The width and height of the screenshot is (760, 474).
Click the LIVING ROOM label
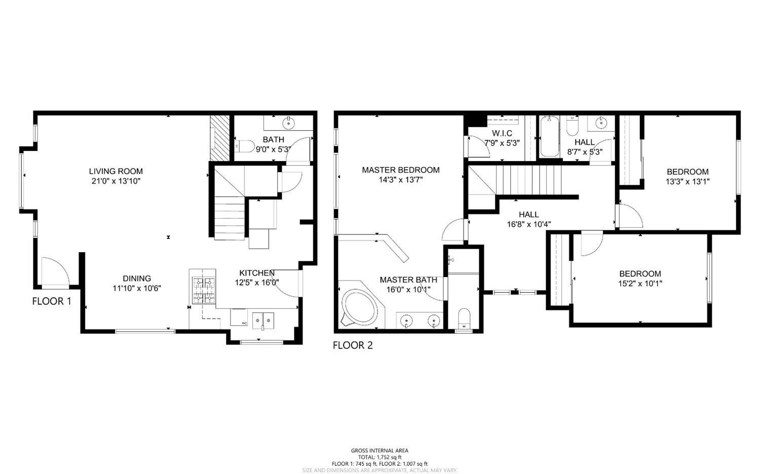(x=116, y=171)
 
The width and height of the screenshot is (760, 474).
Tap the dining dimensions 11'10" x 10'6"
(x=137, y=288)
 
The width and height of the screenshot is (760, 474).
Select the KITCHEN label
(x=257, y=273)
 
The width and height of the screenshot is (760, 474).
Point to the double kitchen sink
(x=263, y=320)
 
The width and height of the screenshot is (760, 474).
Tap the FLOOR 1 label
(x=52, y=301)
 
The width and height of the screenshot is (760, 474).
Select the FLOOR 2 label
(x=353, y=345)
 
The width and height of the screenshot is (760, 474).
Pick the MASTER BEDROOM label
(x=401, y=170)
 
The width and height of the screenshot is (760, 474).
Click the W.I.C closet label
(x=502, y=133)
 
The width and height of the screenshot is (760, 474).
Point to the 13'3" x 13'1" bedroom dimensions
(x=688, y=181)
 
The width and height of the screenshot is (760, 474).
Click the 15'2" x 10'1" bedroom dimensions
(x=640, y=284)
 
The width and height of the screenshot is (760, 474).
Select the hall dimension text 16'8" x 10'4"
(x=528, y=224)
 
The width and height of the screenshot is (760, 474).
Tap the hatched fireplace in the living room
(x=220, y=138)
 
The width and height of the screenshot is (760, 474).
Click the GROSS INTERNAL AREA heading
(x=379, y=450)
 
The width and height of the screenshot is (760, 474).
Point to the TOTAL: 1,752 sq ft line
(x=379, y=457)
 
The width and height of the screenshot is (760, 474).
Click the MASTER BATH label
(x=408, y=280)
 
